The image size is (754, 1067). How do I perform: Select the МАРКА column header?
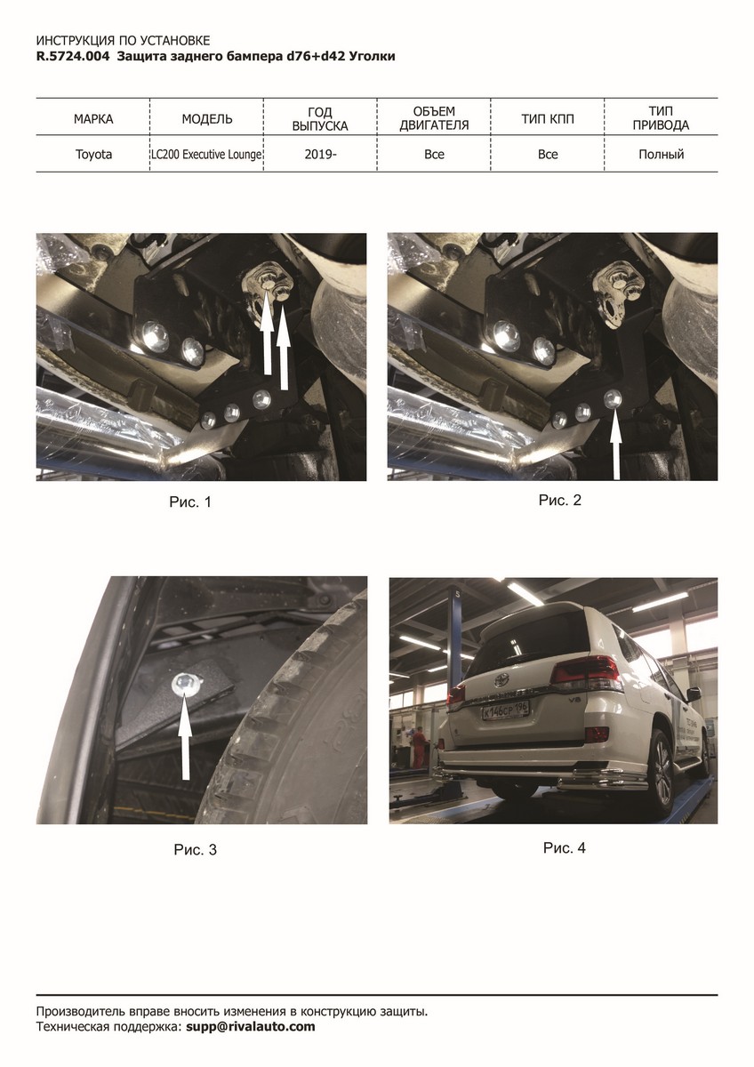point(93,119)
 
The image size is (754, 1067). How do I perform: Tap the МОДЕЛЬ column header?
point(206,119)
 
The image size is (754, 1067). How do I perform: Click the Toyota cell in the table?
point(93,155)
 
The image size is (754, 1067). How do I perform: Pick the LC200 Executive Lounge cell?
point(206,155)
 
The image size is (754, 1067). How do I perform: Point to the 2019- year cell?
point(321,155)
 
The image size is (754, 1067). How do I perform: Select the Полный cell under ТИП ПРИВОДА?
point(662,155)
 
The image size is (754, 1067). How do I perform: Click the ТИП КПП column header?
point(548,119)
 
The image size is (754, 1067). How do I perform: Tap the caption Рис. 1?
point(190,502)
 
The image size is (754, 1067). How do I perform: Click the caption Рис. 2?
point(559,500)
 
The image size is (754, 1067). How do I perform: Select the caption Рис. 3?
point(196,850)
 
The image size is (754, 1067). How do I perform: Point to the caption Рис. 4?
point(564,848)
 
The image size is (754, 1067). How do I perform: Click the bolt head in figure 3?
point(182,684)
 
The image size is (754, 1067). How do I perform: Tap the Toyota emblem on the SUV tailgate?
point(501,679)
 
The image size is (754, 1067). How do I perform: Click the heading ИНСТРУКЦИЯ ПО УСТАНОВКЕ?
point(123,41)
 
